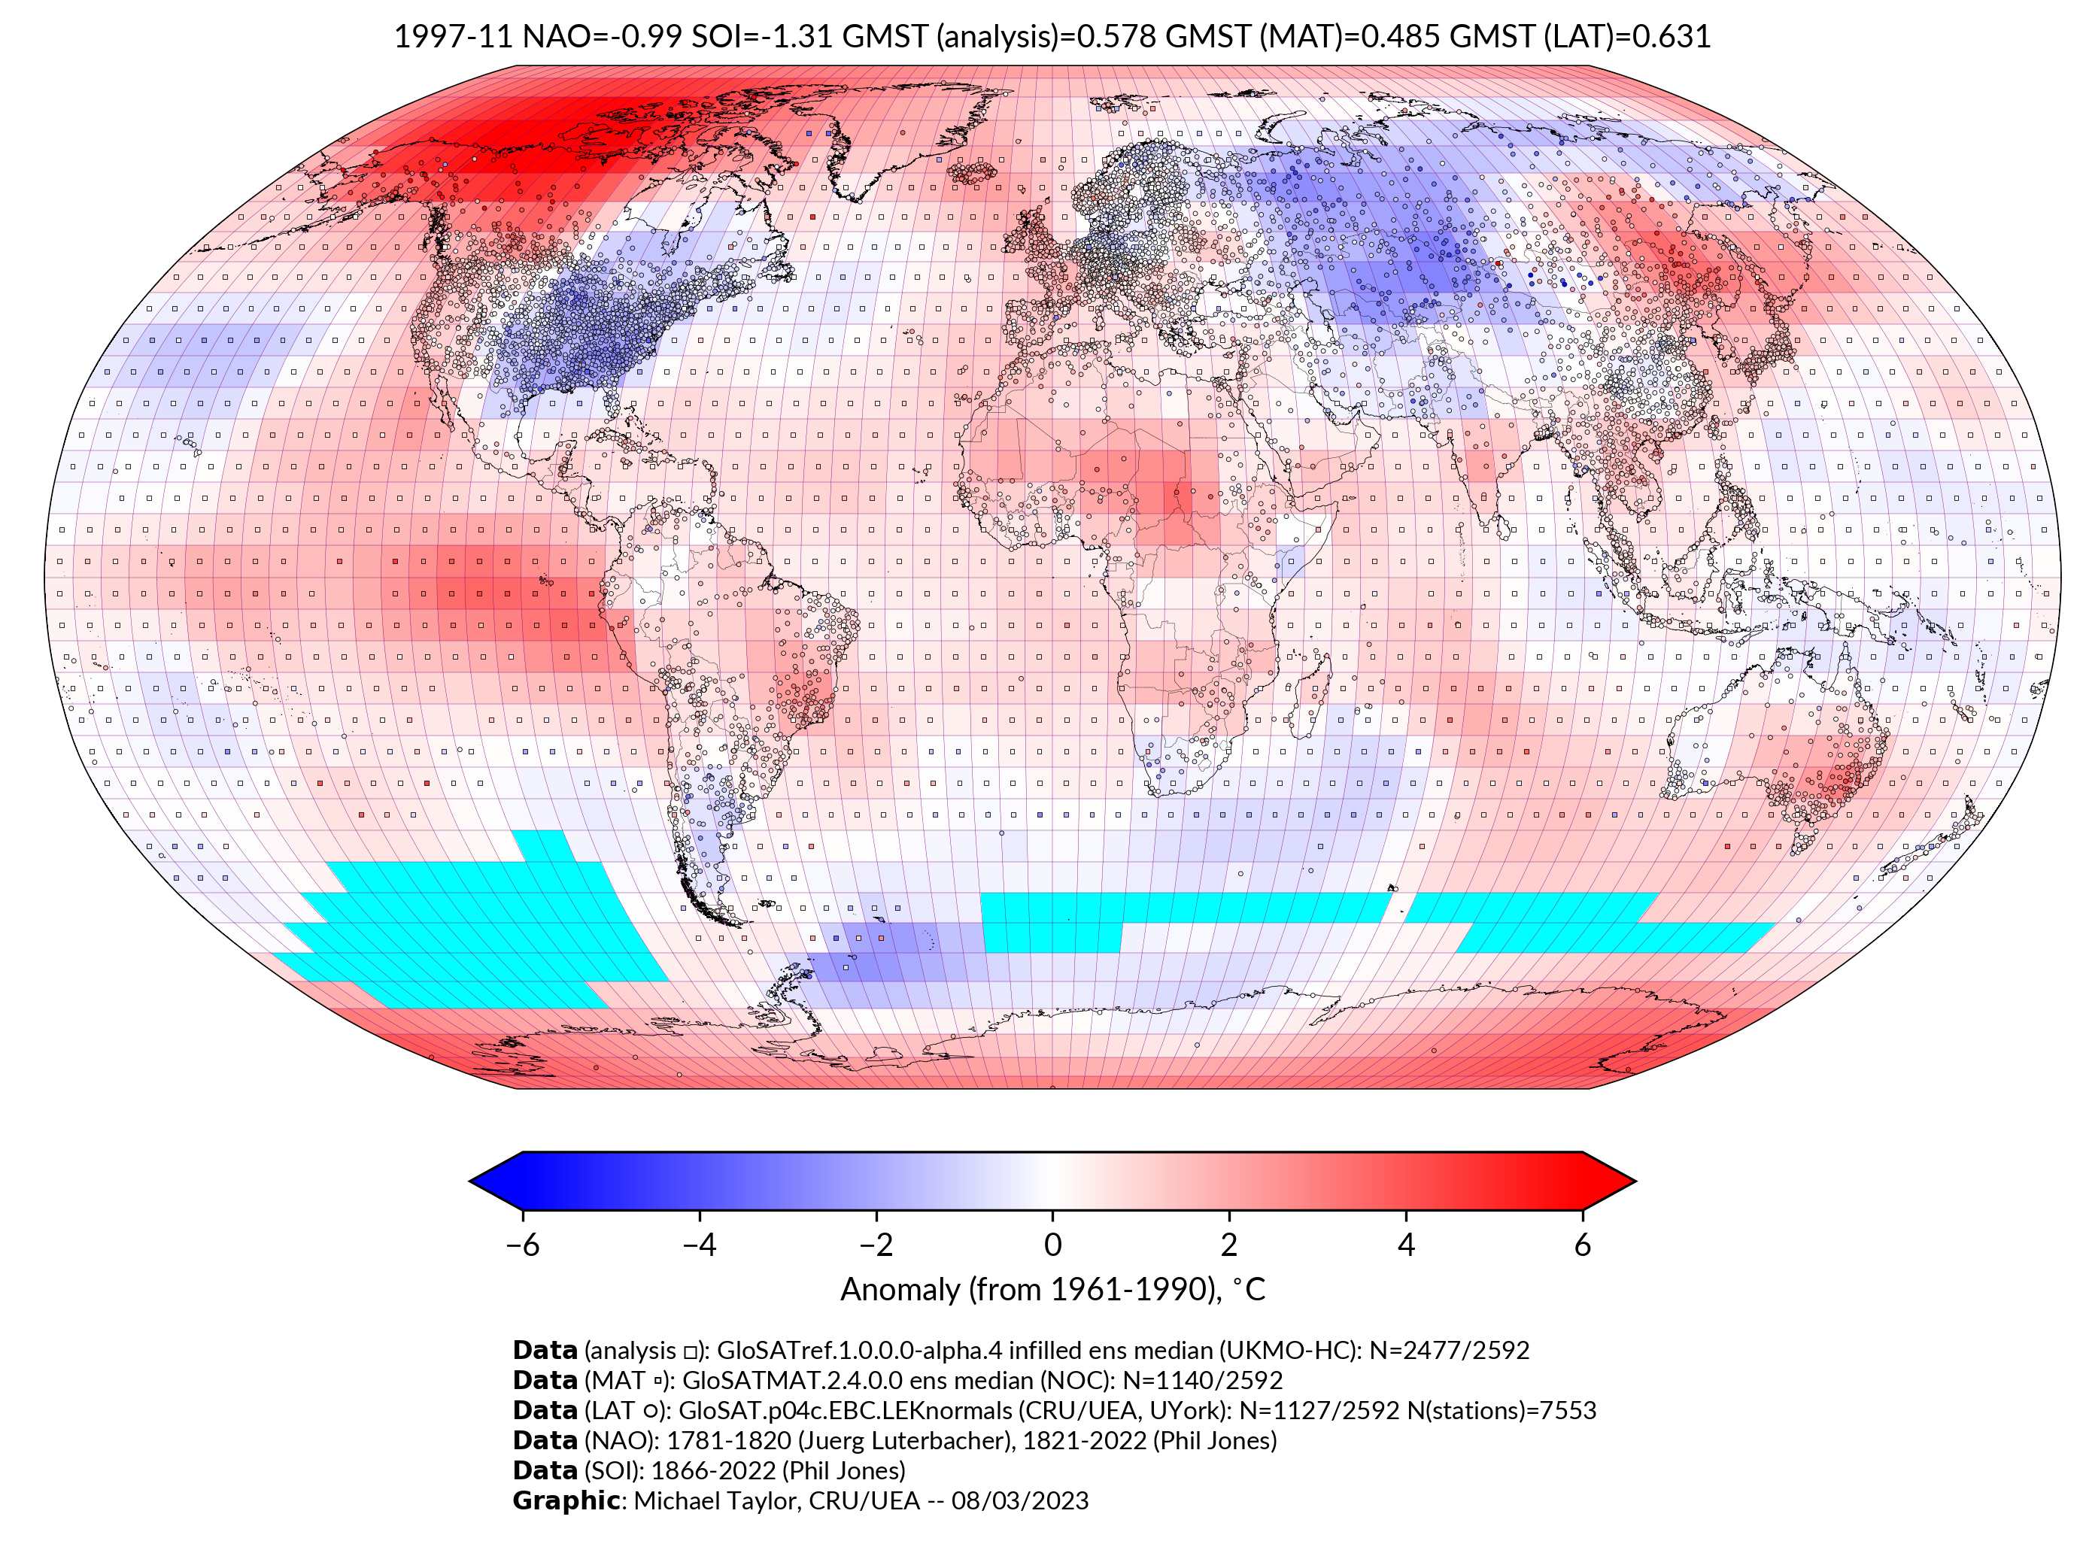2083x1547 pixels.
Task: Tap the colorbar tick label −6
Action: [x=521, y=1245]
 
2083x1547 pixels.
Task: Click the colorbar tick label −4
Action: [x=699, y=1245]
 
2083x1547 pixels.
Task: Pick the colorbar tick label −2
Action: [x=875, y=1245]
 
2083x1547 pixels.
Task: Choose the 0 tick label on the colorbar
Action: [x=1052, y=1245]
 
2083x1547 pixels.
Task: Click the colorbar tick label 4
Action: [x=1406, y=1245]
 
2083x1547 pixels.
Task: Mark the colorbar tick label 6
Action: [x=1583, y=1245]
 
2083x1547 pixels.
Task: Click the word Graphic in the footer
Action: [x=566, y=1500]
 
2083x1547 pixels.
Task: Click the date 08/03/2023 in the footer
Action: [x=1020, y=1500]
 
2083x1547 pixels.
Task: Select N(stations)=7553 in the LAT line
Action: [x=1502, y=1410]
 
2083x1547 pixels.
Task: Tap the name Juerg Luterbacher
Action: [x=900, y=1440]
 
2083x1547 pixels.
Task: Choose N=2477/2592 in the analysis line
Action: [x=1449, y=1351]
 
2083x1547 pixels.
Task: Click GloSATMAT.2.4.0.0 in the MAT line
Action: [x=792, y=1380]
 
